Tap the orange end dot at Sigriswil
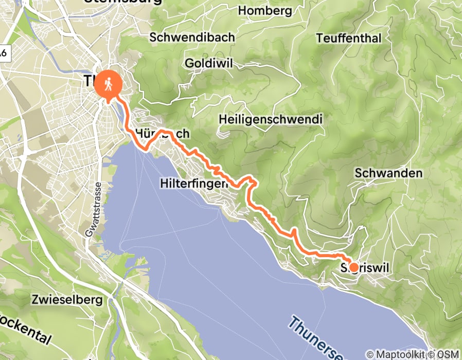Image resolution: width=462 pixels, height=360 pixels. tap(353, 267)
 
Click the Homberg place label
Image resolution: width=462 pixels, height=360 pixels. tap(265, 11)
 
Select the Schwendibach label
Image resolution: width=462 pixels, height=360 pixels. tap(192, 38)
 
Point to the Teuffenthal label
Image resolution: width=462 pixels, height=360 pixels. tap(349, 39)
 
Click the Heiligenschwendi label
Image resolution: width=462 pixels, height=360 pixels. tap(270, 119)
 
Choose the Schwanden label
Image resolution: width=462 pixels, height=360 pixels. tap(388, 173)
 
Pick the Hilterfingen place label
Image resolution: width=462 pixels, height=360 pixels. tap(194, 183)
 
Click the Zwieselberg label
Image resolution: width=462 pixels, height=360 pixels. tap(67, 299)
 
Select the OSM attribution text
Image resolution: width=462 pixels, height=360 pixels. tap(447, 354)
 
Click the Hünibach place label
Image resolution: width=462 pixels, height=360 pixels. tap(163, 134)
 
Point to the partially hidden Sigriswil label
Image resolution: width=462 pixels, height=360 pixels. tap(366, 267)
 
